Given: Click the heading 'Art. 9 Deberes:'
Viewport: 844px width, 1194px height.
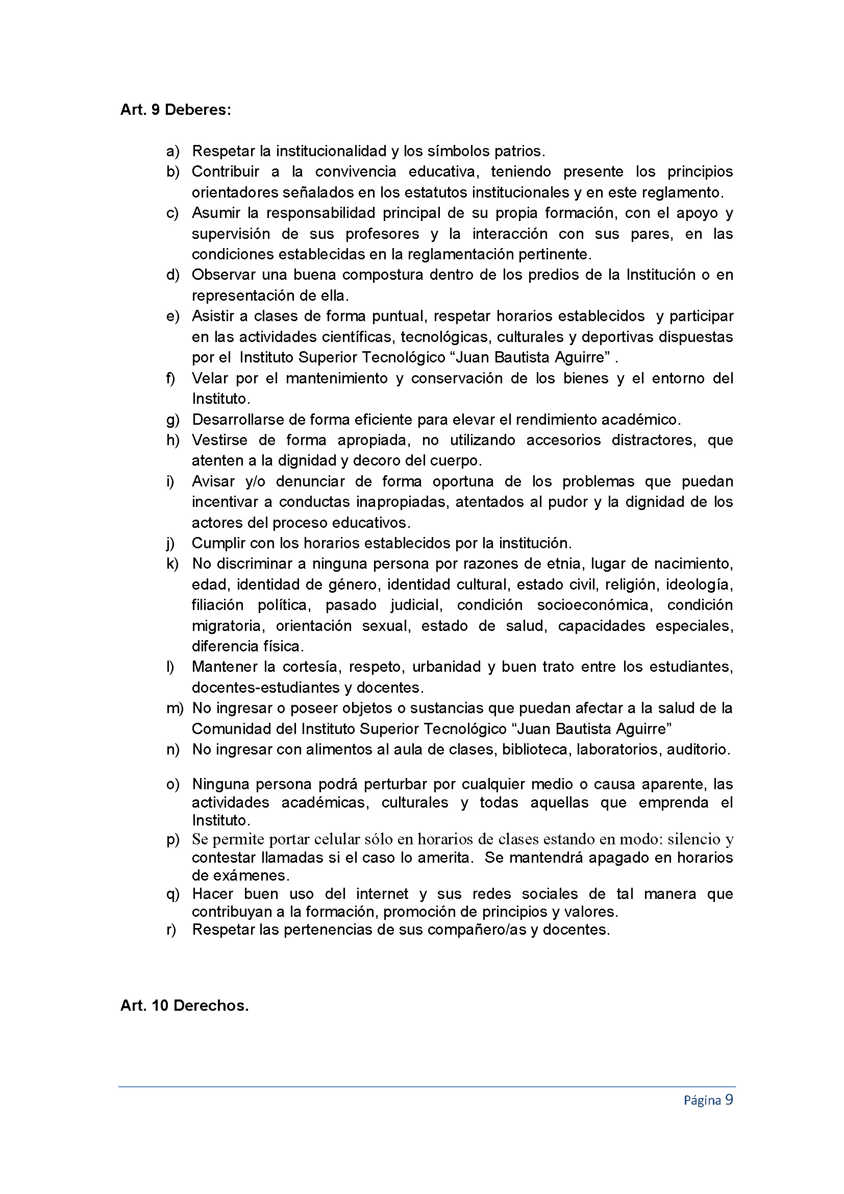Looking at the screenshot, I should [x=176, y=110].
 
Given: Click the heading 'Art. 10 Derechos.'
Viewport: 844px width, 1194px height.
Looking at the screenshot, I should [x=185, y=1005].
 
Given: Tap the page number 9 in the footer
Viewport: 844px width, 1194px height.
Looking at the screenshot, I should [x=729, y=1100].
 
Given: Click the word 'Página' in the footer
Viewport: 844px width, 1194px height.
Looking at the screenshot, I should [x=702, y=1100].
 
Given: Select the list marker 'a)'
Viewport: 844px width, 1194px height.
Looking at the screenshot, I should [x=172, y=151].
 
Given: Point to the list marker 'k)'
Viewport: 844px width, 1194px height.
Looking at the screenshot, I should [x=172, y=564].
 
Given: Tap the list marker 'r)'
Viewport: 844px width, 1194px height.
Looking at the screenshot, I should [x=171, y=929].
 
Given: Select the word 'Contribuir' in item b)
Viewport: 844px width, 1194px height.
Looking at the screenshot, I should [x=226, y=172].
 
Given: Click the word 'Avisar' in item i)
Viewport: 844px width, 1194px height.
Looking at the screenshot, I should [x=213, y=481].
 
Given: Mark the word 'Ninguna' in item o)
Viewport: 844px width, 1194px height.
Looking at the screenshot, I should [x=219, y=784].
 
